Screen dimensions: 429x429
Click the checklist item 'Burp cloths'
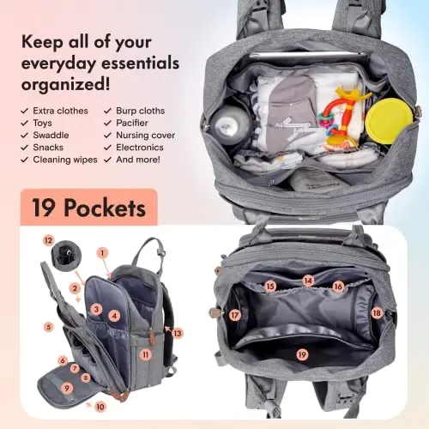coord(138,111)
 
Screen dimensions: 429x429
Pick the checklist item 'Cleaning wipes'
coord(65,159)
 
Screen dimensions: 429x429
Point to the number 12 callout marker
coord(48,240)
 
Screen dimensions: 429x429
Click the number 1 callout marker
coord(103,252)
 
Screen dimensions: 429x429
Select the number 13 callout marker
coord(178,333)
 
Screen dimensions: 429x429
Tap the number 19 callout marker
coord(301,354)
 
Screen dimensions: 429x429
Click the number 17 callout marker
coord(234,315)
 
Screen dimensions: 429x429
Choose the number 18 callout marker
coord(376,313)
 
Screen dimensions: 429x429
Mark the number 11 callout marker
coord(146,354)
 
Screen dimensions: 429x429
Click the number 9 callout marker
coord(68,388)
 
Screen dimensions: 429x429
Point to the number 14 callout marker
coord(308,280)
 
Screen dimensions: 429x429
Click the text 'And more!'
coord(138,159)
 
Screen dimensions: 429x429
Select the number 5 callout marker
coord(48,327)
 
